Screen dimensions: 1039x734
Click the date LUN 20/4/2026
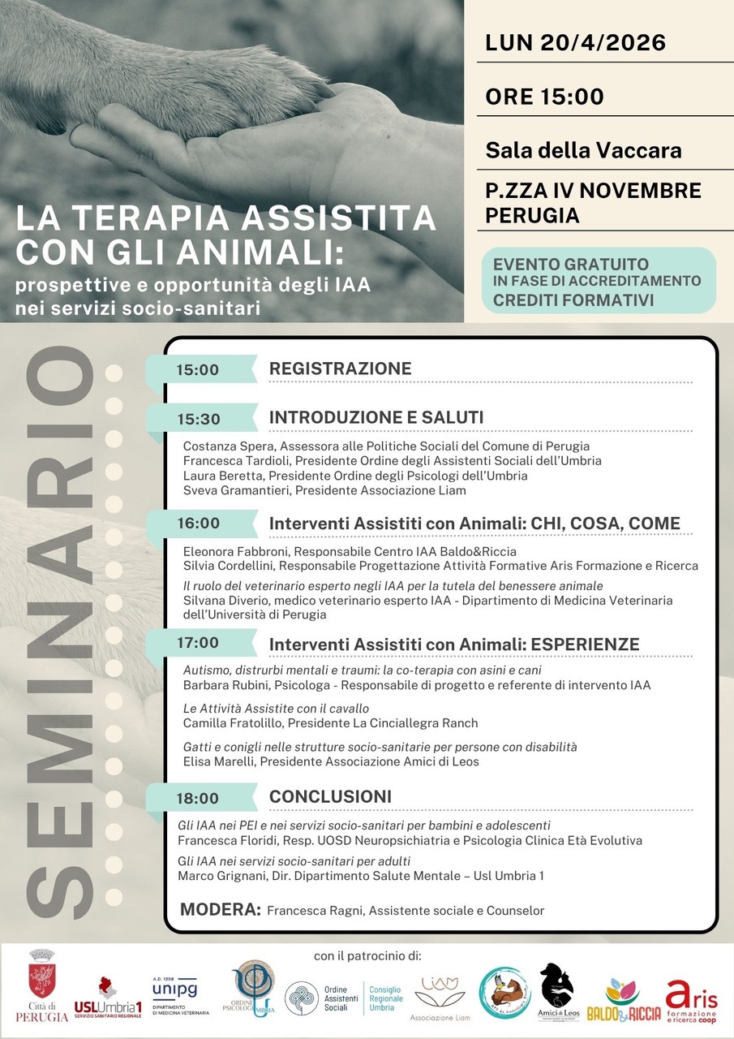pyautogui.click(x=575, y=42)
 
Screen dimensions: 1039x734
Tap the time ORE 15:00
pyautogui.click(x=544, y=97)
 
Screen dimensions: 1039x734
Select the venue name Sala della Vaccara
pyautogui.click(x=583, y=150)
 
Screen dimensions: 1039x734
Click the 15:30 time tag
pyautogui.click(x=198, y=419)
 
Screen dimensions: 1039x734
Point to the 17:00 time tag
pyautogui.click(x=198, y=643)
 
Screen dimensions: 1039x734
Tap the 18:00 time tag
pyautogui.click(x=198, y=799)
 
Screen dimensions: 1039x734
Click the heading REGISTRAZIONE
pyautogui.click(x=341, y=369)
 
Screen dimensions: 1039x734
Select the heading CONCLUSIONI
pyautogui.click(x=330, y=796)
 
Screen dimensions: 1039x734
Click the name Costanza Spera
pyautogui.click(x=224, y=446)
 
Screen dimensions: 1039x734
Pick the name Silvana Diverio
pyautogui.click(x=223, y=601)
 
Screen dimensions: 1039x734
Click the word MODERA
pyautogui.click(x=220, y=909)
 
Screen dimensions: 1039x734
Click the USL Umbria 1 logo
pyautogui.click(x=108, y=995)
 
